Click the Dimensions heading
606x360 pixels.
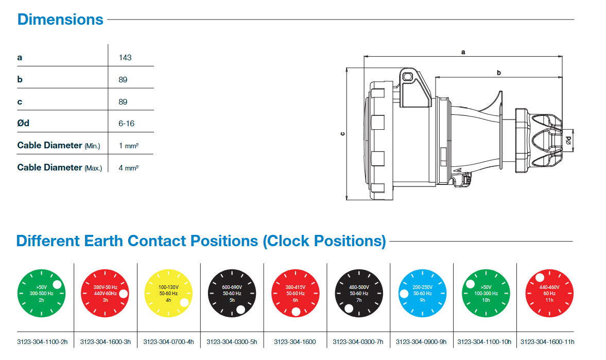coord(60,20)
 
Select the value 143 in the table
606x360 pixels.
coord(125,57)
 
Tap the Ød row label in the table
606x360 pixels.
coord(23,124)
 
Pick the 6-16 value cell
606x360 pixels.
coord(127,124)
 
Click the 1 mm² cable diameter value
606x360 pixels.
coord(128,146)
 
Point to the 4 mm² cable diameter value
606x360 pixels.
coord(128,168)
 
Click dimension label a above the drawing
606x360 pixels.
coord(463,52)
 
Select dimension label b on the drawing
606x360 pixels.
coord(498,73)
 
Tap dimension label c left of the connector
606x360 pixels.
coord(343,134)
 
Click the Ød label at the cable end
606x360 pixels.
coord(568,140)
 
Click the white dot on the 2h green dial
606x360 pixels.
coord(57,284)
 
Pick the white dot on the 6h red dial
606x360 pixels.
coord(296,312)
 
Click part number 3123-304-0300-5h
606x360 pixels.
coord(232,341)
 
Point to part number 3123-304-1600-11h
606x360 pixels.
coord(547,341)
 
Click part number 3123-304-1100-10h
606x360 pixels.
coord(484,341)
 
